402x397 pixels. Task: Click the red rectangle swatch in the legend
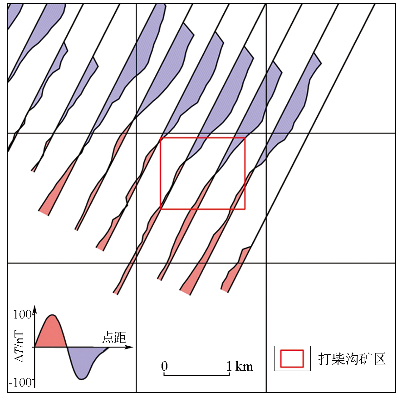click(x=292, y=358)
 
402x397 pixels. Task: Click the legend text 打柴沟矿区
click(x=352, y=358)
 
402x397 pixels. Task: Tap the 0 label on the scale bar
click(x=165, y=366)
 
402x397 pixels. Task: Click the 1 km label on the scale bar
click(x=240, y=366)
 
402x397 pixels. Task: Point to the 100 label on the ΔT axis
click(x=23, y=314)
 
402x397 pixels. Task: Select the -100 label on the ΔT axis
click(x=21, y=382)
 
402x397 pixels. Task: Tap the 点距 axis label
click(x=114, y=337)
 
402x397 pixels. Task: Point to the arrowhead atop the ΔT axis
click(x=35, y=309)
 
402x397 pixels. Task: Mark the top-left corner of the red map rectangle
click(x=161, y=138)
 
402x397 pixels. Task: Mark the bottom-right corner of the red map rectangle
click(x=245, y=209)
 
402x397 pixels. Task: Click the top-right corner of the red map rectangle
click(x=245, y=138)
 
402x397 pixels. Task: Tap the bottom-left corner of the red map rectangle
click(x=161, y=209)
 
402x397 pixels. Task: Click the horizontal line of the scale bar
click(x=196, y=375)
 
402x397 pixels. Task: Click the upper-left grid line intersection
click(x=136, y=133)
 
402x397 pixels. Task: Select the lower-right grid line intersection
click(x=266, y=263)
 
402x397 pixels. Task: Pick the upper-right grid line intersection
click(x=266, y=133)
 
